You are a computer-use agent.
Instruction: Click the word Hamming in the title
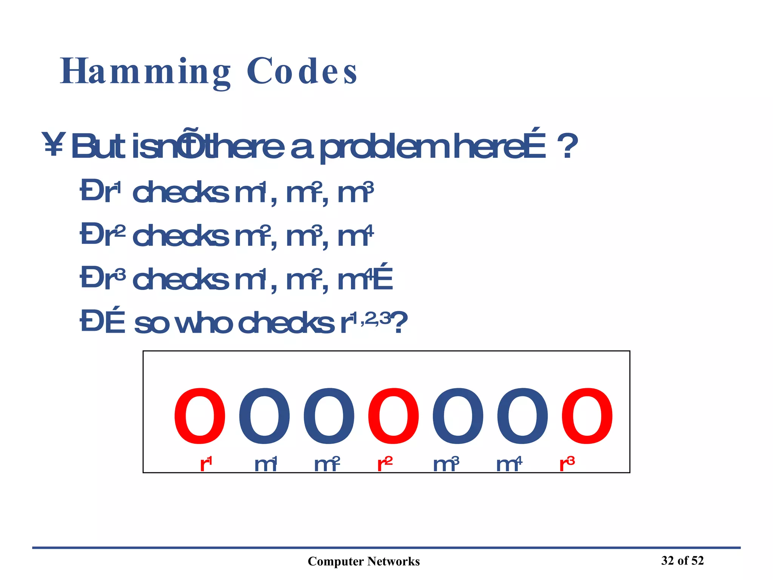pyautogui.click(x=145, y=72)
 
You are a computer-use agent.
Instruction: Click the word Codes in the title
pyautogui.click(x=302, y=72)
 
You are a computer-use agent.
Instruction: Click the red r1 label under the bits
pyautogui.click(x=206, y=464)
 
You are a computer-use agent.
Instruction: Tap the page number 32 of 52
pyautogui.click(x=682, y=560)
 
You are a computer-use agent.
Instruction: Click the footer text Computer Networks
pyautogui.click(x=363, y=561)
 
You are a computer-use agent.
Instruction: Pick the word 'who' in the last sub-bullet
pyautogui.click(x=204, y=323)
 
